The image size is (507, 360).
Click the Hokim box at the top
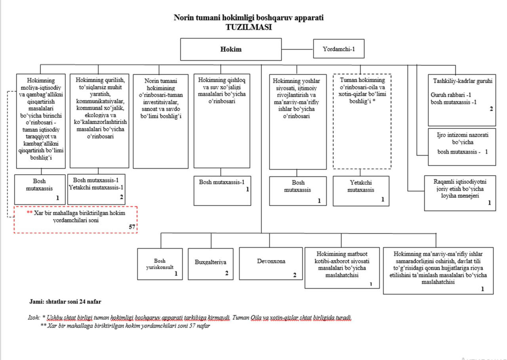point(231,50)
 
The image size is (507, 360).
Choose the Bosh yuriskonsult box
point(160,264)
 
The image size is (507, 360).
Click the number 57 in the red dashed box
point(132,227)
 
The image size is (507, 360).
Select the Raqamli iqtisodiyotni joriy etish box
point(460,192)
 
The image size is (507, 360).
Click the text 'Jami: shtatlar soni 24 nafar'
point(65,302)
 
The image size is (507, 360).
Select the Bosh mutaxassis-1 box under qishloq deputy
point(222,190)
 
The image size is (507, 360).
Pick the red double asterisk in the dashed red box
point(29,213)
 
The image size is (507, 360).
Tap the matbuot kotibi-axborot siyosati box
point(343,268)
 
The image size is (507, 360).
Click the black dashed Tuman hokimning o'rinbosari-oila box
point(362,121)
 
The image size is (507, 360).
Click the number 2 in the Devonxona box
point(294,274)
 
